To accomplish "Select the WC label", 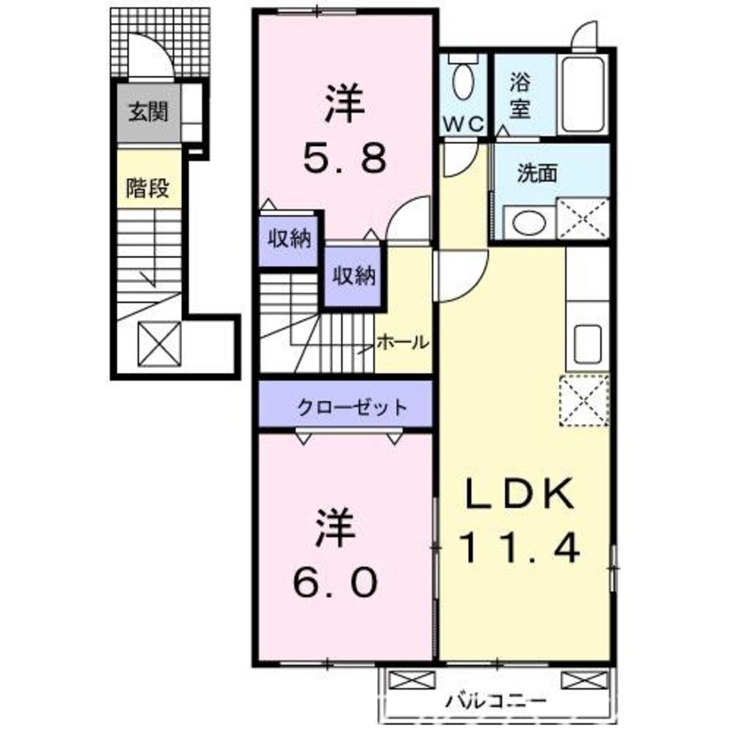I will pyautogui.click(x=463, y=125).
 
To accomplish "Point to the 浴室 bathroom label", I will pyautogui.click(x=519, y=97).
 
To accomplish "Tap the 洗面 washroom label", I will pyautogui.click(x=537, y=172).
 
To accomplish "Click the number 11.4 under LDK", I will pyautogui.click(x=521, y=547).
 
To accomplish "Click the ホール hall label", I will pyautogui.click(x=401, y=343).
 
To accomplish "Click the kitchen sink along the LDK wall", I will pyautogui.click(x=588, y=344).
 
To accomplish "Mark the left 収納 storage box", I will pyautogui.click(x=289, y=239).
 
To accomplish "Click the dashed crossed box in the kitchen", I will pyautogui.click(x=586, y=401).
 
